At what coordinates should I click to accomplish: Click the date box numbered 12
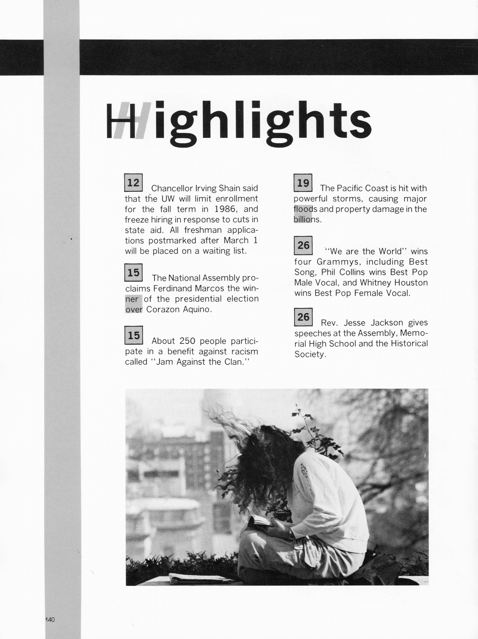[x=133, y=182]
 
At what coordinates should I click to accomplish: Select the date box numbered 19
[x=303, y=182]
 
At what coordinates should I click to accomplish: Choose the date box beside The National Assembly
[x=133, y=272]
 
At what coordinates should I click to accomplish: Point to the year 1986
[x=225, y=209]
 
